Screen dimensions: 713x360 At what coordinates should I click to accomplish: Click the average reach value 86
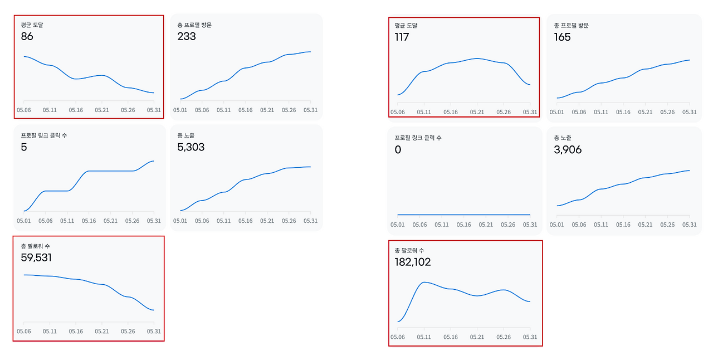click(27, 36)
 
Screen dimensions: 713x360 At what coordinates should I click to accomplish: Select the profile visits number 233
click(187, 36)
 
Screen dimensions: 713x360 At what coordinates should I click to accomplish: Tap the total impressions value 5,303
click(191, 147)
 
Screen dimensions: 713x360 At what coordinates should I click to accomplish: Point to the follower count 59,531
click(36, 257)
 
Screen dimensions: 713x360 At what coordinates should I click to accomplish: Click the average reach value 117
click(402, 37)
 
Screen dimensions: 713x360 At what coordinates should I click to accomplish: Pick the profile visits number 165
click(562, 37)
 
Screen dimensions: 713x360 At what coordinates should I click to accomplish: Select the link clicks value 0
click(398, 150)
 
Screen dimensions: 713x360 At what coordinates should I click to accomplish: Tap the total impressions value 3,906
click(568, 150)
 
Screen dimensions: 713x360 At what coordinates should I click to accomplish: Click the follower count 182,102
click(413, 262)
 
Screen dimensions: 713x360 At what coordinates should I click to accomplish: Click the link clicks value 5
click(24, 147)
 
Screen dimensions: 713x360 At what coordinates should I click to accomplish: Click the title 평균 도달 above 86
click(32, 25)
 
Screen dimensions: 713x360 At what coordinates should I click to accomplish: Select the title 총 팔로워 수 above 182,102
click(409, 251)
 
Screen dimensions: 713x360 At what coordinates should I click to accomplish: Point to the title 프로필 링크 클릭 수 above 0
click(418, 138)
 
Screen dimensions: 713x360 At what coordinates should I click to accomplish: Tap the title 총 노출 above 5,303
click(185, 136)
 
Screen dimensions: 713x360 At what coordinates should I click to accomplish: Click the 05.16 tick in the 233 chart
click(246, 110)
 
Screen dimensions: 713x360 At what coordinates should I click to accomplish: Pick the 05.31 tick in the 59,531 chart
click(154, 332)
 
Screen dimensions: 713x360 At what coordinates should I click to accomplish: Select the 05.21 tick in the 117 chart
click(477, 112)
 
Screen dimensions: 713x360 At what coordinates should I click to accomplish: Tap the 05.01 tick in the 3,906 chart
click(556, 225)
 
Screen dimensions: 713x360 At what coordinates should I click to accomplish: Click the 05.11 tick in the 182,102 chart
click(424, 337)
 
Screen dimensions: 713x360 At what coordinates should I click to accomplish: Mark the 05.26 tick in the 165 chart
click(667, 112)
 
